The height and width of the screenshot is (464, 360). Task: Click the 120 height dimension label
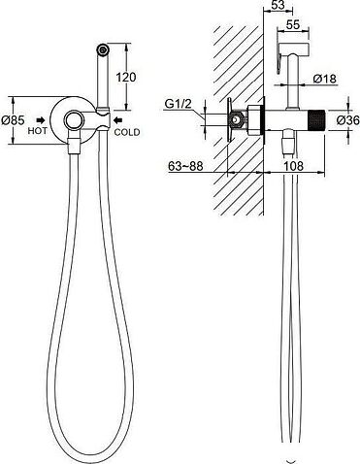[126, 78]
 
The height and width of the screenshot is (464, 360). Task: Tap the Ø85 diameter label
[13, 120]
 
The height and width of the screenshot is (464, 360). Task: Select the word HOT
[37, 131]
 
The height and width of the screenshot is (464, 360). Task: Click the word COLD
[127, 132]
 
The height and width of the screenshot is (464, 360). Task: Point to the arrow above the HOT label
[41, 120]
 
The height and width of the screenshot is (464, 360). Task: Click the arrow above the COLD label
[117, 120]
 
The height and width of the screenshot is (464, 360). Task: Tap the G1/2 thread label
[179, 104]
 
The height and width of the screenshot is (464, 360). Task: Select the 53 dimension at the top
[278, 5]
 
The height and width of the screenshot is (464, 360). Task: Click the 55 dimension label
[293, 25]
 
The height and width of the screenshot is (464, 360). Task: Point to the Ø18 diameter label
[325, 79]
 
